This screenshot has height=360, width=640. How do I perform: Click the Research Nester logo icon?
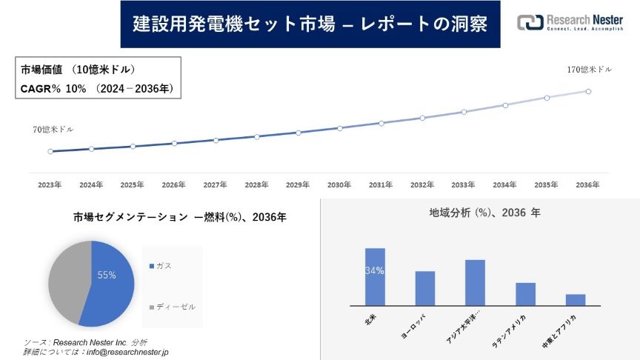coord(529,23)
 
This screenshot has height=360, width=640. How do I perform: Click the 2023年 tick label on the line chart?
coord(50,184)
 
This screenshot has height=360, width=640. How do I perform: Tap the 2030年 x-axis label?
coord(339,184)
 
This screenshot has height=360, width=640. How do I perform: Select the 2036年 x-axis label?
coord(587,184)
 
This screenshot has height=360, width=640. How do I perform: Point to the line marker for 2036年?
coord(588,91)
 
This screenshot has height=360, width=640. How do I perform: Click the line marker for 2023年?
coord(50,151)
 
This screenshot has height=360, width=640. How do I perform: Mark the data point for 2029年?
coord(299,133)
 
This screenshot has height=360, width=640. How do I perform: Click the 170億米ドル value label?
coord(590,70)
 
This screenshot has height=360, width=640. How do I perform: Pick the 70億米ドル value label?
coord(53,130)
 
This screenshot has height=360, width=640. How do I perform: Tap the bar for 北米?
coord(375,276)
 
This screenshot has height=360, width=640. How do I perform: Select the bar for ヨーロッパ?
coord(425,288)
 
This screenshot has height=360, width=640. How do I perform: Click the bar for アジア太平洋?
coord(475,282)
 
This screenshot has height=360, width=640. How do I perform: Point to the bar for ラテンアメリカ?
coord(525,294)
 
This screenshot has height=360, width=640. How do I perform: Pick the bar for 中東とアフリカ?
coord(576,299)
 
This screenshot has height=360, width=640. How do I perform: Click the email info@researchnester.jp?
coord(129,352)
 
